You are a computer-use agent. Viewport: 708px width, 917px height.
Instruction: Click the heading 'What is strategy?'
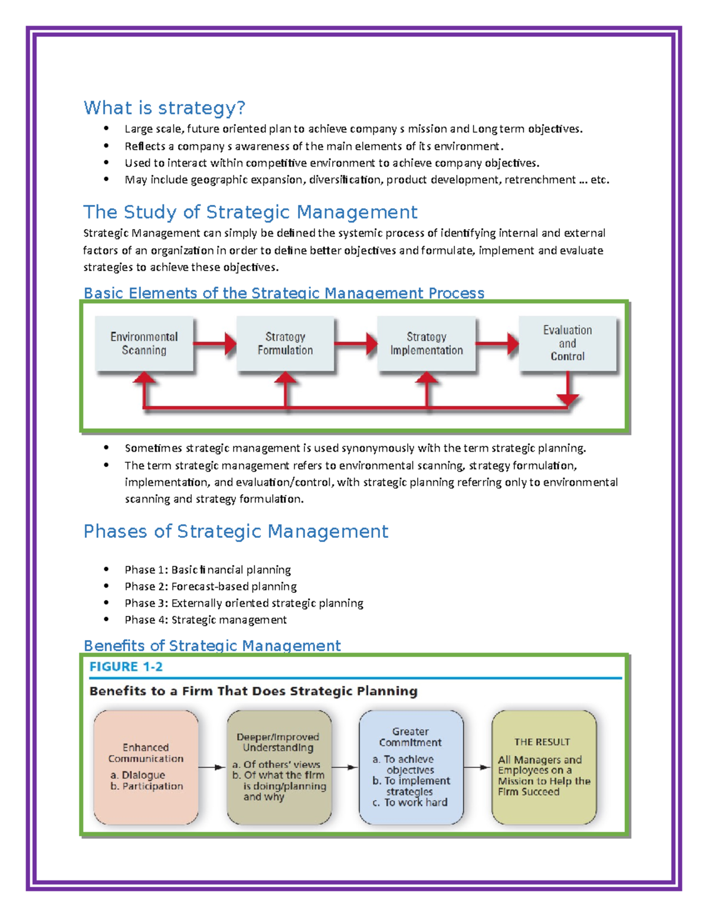coord(164,108)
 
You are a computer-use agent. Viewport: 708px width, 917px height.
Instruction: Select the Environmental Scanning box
coord(144,344)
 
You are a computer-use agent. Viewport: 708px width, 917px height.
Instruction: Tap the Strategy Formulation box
coord(285,344)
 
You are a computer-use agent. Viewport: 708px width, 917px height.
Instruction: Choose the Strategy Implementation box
coord(426,344)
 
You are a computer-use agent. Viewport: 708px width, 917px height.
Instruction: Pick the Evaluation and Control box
coord(568,344)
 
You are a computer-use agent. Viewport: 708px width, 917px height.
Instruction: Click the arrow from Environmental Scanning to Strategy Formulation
coord(215,343)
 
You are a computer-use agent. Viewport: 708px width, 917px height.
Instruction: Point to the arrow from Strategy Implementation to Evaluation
coord(497,343)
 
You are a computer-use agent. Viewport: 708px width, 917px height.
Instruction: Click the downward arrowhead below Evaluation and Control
coord(568,400)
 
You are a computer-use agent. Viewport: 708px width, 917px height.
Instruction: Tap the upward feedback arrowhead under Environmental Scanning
coord(145,378)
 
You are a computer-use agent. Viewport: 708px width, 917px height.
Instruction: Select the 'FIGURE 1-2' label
coord(126,667)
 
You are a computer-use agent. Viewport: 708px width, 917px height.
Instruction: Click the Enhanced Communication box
coord(146,767)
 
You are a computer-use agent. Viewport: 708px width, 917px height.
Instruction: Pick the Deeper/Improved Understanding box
coord(278,767)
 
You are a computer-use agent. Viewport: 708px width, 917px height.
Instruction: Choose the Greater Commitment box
coord(411,767)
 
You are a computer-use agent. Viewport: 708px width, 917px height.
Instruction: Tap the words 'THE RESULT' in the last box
coord(542,742)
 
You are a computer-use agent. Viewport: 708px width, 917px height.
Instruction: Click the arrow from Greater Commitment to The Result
coord(477,768)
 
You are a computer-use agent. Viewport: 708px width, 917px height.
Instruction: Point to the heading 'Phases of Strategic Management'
coord(235,531)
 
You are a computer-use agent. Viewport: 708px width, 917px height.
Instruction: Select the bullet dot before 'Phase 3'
coord(106,603)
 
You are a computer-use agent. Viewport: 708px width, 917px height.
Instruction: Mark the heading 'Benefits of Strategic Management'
coord(212,645)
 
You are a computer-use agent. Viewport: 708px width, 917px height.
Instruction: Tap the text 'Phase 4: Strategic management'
coord(205,620)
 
